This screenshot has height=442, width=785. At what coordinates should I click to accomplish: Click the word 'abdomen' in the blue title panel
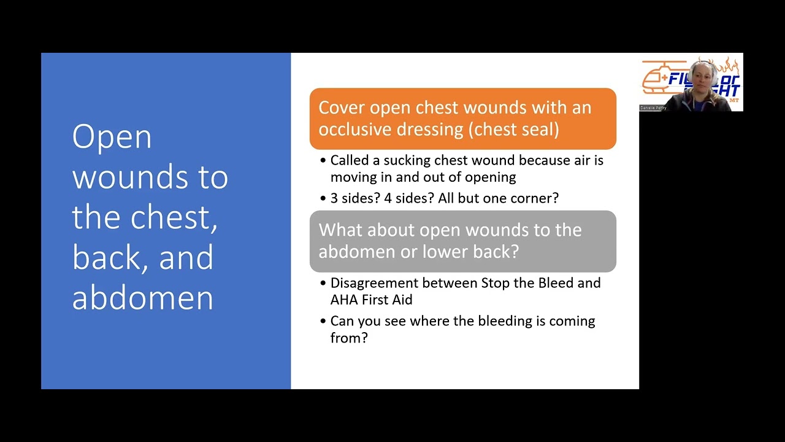[142, 297]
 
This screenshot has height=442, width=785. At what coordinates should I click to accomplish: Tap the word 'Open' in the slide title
[112, 137]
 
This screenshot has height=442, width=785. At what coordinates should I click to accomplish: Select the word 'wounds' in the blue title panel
[132, 177]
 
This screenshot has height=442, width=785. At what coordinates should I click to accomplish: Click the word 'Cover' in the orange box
[342, 107]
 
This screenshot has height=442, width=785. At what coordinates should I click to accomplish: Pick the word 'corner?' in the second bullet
[534, 198]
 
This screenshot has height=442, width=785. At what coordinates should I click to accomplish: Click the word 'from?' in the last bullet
[349, 338]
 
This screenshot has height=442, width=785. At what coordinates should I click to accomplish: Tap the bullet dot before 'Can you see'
[323, 322]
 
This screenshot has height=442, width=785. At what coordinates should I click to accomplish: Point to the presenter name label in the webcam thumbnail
[653, 107]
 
